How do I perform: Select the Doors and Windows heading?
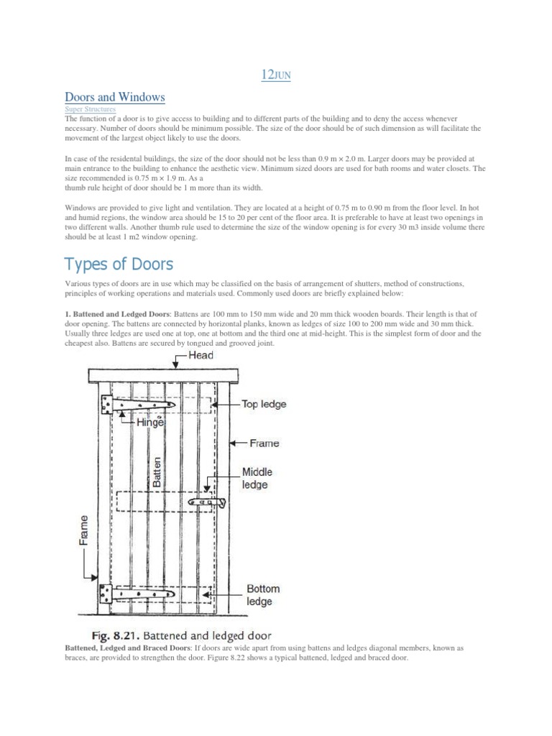pos(115,96)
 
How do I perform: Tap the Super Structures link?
pos(90,109)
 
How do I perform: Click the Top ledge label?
pos(264,404)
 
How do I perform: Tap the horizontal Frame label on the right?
pos(264,443)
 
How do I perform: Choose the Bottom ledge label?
pos(262,594)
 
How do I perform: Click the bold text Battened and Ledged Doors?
pos(117,315)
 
